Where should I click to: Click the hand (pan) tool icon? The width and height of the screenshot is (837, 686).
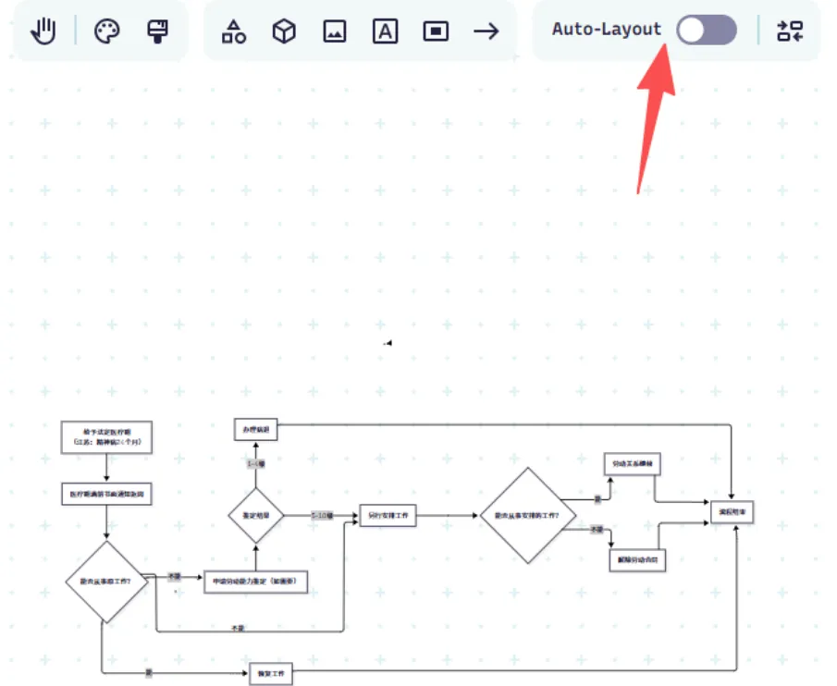(43, 31)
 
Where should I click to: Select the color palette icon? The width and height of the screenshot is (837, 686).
(107, 31)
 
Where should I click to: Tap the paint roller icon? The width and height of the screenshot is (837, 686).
(158, 31)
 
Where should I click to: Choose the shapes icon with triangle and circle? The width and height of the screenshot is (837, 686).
(234, 31)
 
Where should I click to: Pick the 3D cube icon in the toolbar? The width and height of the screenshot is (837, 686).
(284, 31)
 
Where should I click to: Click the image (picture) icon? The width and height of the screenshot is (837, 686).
(335, 31)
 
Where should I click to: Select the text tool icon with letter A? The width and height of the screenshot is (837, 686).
(385, 31)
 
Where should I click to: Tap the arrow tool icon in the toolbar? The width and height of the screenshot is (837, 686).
(486, 31)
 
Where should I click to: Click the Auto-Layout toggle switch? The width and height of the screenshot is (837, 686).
(707, 30)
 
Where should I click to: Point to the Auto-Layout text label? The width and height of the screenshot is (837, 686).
(607, 30)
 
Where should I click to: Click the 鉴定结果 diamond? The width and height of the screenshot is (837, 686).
(255, 515)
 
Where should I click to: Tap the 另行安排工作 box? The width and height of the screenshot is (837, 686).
(387, 515)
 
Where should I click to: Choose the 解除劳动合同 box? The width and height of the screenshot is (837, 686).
(637, 559)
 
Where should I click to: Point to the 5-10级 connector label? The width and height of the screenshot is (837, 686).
(321, 515)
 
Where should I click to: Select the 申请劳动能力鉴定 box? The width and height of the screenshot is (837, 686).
(254, 582)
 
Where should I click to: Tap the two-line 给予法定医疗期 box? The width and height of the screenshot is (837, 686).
(106, 437)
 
